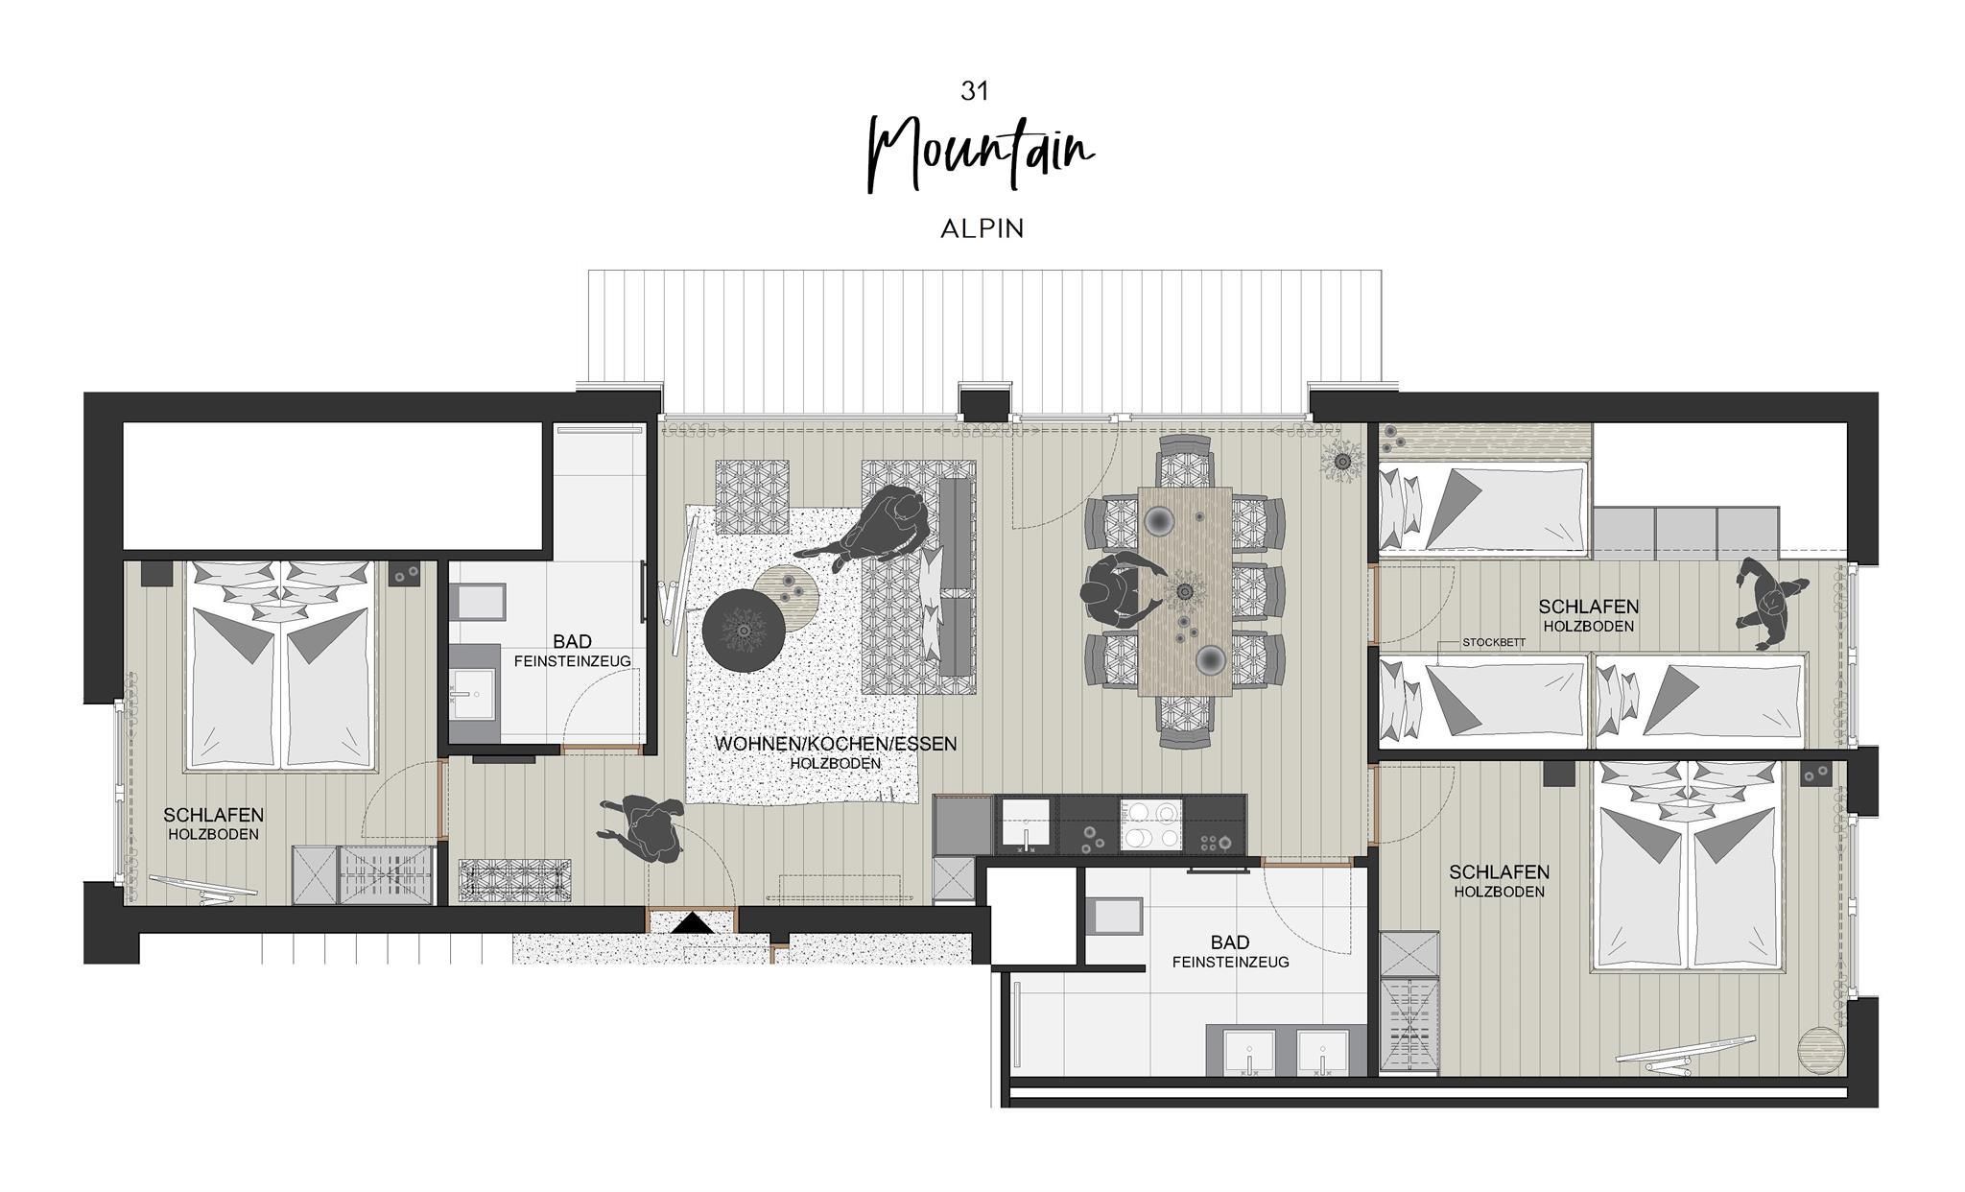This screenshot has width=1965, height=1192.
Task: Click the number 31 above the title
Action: click(x=974, y=90)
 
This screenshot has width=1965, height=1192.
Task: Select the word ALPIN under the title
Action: click(x=982, y=228)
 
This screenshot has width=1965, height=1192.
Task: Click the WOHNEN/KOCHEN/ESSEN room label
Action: click(x=836, y=744)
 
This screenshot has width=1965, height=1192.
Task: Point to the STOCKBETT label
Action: click(x=1494, y=643)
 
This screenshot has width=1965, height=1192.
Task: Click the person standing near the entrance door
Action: click(x=642, y=828)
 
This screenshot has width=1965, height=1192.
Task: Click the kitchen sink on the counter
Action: click(x=1027, y=824)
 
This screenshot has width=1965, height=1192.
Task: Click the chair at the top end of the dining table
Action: click(x=1186, y=460)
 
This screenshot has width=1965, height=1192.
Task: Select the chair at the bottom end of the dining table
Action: click(x=1186, y=721)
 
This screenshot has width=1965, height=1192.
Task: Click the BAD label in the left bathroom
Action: click(x=572, y=641)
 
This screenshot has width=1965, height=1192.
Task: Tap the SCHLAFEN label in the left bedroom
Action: click(x=213, y=815)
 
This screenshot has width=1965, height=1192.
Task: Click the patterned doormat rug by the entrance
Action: click(x=515, y=881)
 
